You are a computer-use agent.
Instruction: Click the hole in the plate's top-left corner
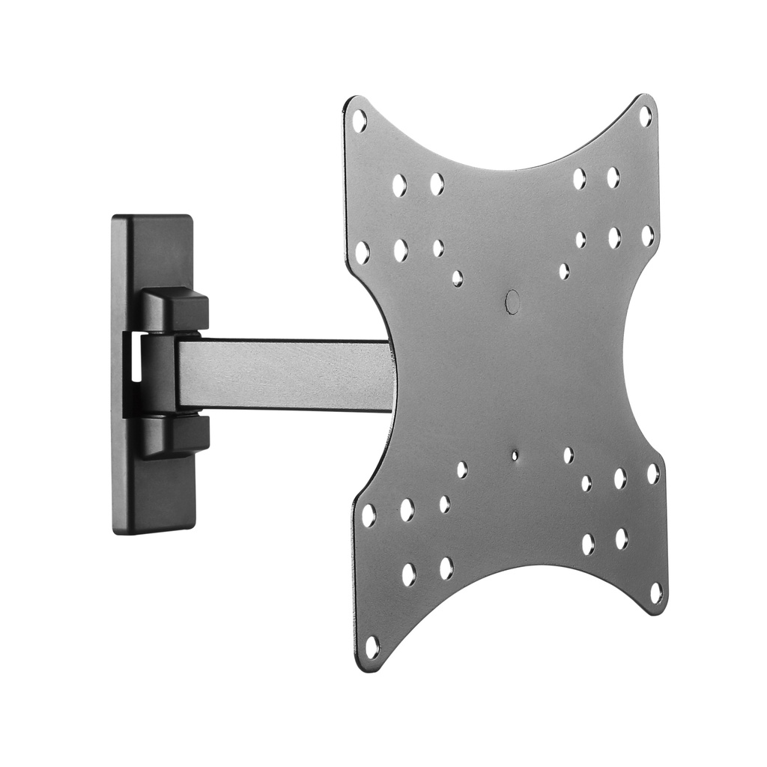pos(359,120)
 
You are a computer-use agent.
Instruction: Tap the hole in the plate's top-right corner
pos(644,116)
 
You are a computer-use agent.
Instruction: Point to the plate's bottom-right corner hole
pos(656,593)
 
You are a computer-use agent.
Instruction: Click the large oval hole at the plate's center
pos(512,302)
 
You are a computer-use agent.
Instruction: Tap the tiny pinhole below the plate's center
pos(515,455)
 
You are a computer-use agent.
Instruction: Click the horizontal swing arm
pos(285,375)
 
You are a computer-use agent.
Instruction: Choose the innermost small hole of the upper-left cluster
pos(457,279)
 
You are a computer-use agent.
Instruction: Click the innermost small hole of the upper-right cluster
pos(563,270)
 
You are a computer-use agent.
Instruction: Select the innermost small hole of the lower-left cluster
pos(462,470)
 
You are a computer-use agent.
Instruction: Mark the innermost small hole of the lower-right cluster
pos(568,455)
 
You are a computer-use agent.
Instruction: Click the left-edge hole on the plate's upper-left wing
pos(362,252)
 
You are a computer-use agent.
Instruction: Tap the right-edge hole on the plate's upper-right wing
pos(647,235)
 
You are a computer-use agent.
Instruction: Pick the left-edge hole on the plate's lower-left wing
pos(369,515)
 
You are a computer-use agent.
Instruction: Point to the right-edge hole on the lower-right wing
pos(652,473)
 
